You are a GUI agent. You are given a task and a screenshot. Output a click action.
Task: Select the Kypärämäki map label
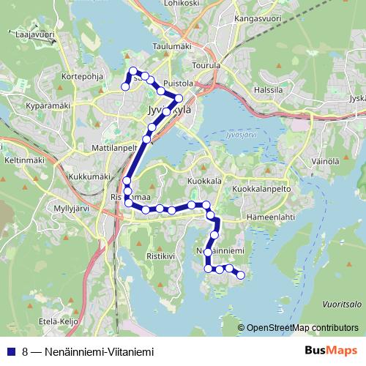click(46, 105)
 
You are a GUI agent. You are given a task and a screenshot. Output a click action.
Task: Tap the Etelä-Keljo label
click(58, 321)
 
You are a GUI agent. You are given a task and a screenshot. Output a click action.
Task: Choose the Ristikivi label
click(162, 257)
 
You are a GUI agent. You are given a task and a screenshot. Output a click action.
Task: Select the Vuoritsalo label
click(342, 304)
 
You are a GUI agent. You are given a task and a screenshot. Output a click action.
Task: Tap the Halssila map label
click(267, 89)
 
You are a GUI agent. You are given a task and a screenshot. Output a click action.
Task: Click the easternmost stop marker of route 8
click(240, 275)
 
